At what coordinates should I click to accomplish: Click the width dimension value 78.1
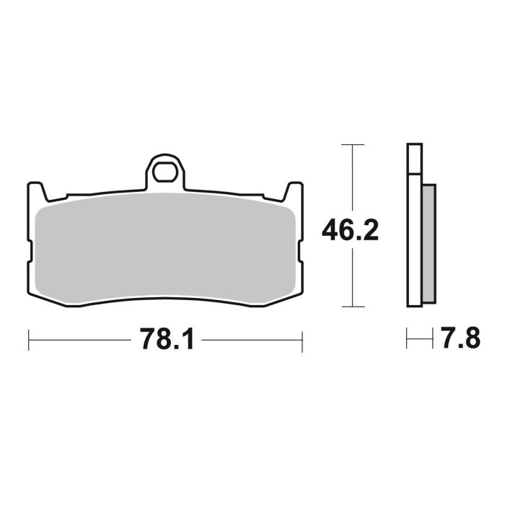tap(165, 339)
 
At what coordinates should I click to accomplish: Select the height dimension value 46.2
tap(350, 230)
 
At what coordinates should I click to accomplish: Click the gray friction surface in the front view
tap(165, 245)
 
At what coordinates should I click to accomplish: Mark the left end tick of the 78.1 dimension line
tap(28, 339)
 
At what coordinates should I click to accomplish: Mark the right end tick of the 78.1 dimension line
tap(302, 339)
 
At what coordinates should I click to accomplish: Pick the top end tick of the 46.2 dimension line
tap(351, 145)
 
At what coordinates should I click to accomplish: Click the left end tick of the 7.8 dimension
tap(408, 339)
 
